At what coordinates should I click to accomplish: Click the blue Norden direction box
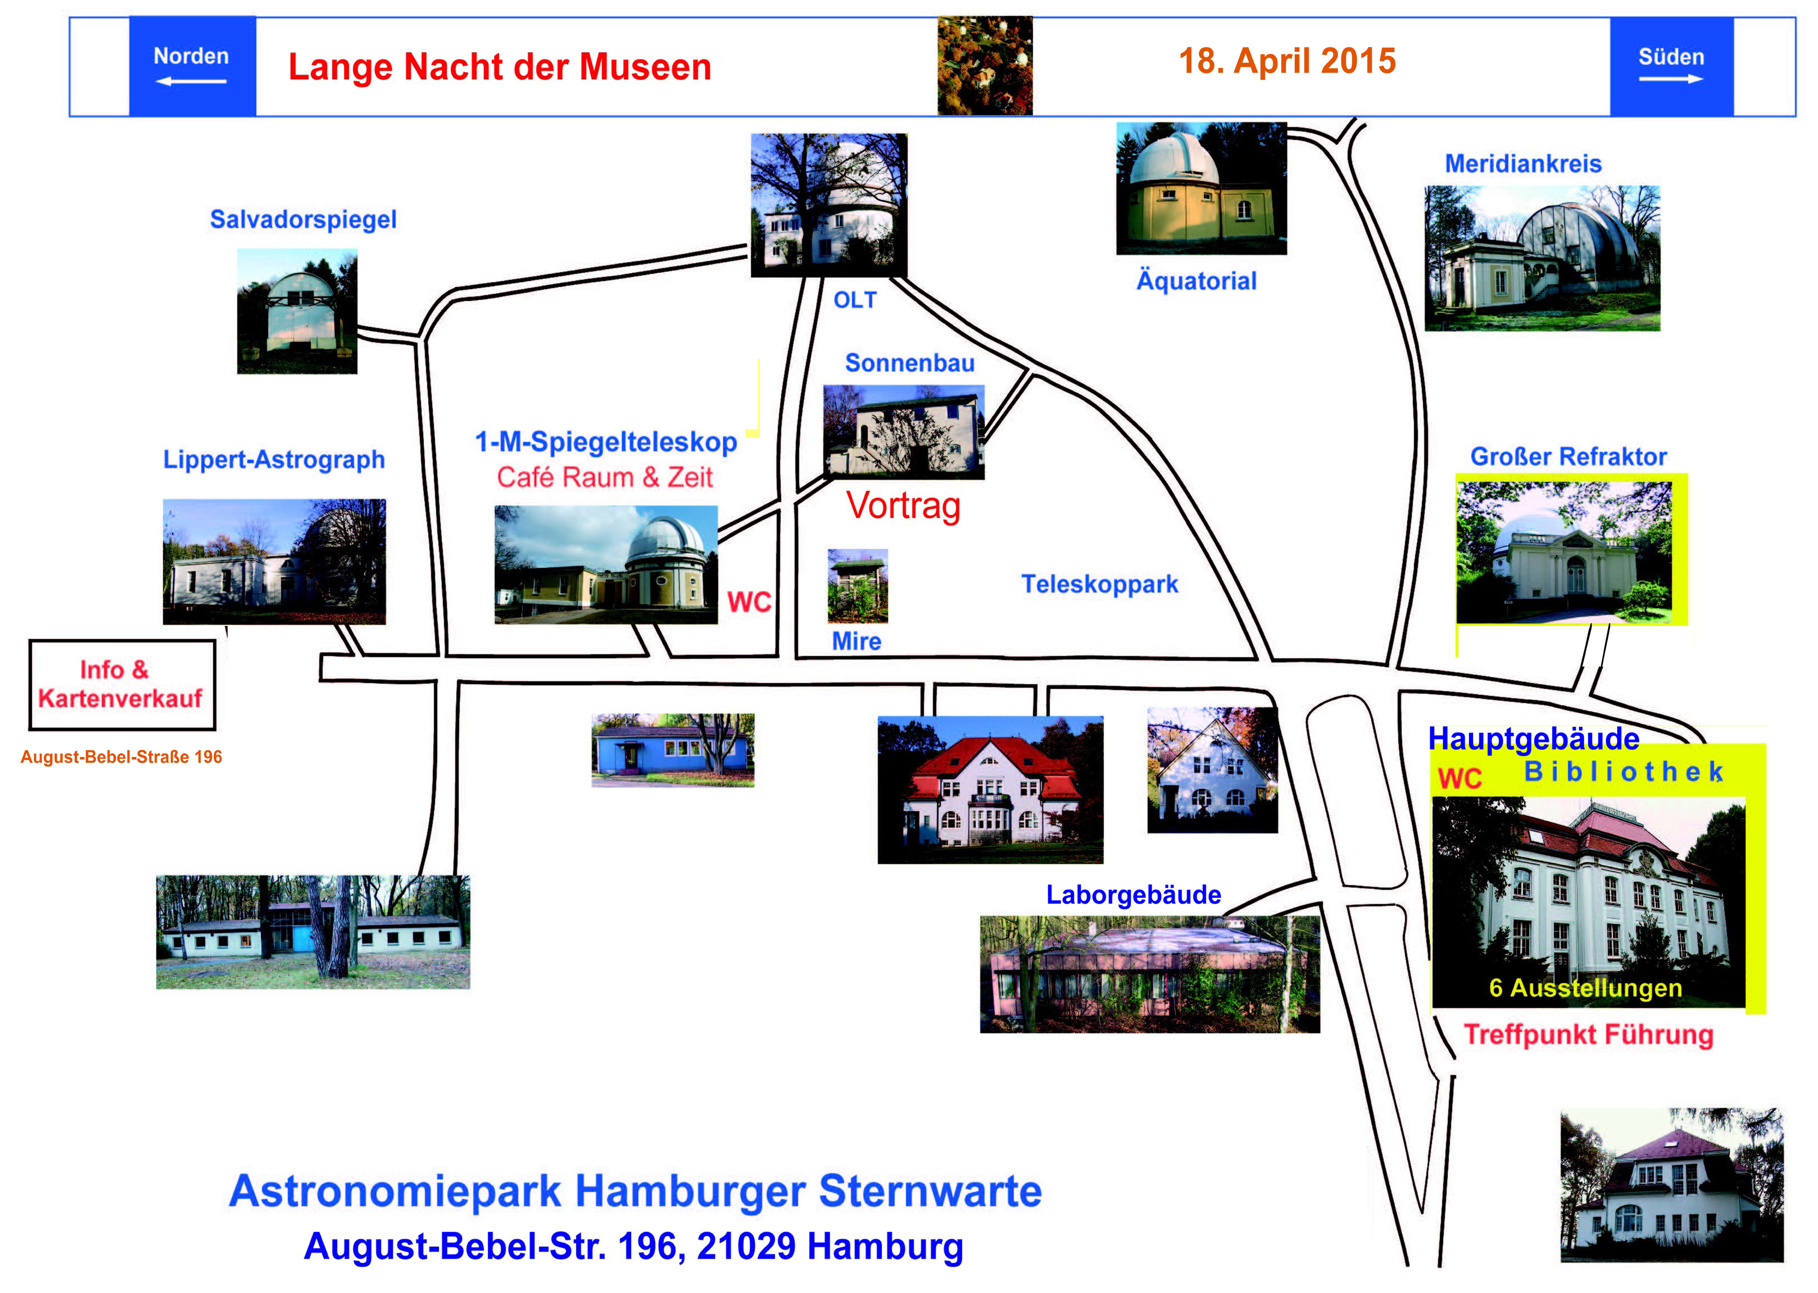192,66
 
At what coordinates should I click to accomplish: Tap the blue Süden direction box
1671,66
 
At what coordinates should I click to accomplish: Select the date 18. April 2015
1287,62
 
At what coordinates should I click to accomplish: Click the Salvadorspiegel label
303,219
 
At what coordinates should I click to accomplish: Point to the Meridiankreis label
1523,164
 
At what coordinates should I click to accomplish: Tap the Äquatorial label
1196,280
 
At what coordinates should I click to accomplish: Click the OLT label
855,300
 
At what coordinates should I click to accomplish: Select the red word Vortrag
903,506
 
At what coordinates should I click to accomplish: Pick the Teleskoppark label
1099,584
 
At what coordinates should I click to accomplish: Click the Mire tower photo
857,586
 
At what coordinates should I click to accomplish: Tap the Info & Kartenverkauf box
122,685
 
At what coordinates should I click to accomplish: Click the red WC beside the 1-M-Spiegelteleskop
749,602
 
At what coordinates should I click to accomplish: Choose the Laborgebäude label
1133,895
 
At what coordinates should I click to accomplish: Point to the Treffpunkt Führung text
1588,1035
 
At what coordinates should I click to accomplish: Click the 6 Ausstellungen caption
1585,988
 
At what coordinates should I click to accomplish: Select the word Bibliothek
1623,772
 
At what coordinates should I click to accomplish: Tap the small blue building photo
673,750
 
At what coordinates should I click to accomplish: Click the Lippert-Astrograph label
274,460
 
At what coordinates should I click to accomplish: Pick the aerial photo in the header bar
985,66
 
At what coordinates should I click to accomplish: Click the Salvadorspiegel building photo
297,311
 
